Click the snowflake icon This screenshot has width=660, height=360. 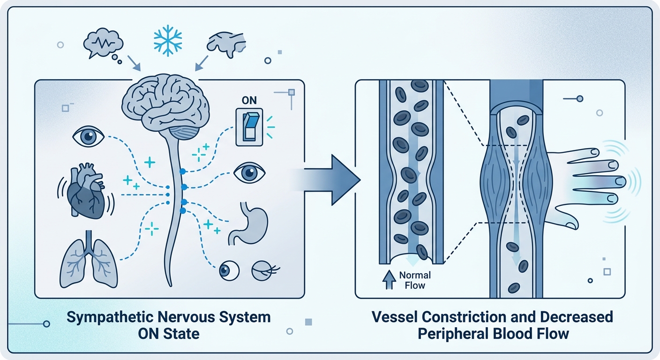(168, 40)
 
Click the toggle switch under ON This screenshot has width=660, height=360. (249, 127)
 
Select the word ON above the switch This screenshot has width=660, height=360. (249, 100)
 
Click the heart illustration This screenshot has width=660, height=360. (86, 191)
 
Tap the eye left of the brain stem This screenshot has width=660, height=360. (89, 136)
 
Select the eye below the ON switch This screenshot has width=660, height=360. (249, 172)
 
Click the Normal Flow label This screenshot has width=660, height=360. (415, 280)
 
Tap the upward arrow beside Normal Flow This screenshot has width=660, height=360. (389, 280)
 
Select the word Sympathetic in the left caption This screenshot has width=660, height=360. (110, 317)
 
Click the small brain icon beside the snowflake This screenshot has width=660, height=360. (226, 44)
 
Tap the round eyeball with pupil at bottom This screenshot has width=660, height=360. (229, 270)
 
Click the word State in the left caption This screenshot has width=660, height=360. (181, 334)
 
